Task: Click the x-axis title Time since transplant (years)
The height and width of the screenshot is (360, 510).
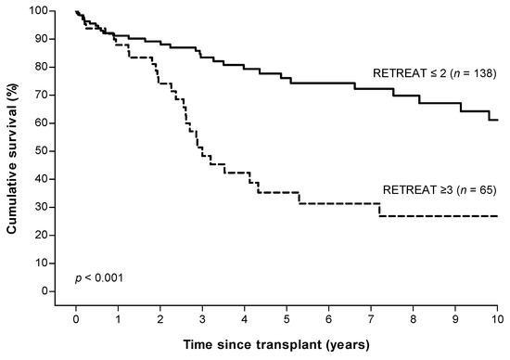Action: pos(279,346)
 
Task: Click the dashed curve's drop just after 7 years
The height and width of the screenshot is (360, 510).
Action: pos(379,210)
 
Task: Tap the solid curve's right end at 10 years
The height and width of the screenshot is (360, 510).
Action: pos(498,120)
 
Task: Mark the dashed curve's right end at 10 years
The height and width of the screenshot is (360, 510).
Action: pos(498,215)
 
